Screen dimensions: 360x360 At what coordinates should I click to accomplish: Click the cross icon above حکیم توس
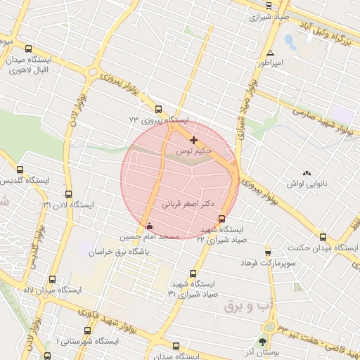tap(194, 141)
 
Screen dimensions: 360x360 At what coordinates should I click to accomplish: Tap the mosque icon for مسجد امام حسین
tap(148, 226)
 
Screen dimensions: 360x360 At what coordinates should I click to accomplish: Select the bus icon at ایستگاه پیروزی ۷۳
tap(157, 110)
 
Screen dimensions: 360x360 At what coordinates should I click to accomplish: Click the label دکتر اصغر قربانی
tap(188, 205)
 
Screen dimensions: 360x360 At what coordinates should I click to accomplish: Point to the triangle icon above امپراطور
tap(271, 53)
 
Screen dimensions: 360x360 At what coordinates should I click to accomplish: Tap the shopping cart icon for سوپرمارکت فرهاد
tap(268, 252)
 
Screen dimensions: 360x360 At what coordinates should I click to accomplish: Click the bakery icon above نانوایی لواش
tap(307, 173)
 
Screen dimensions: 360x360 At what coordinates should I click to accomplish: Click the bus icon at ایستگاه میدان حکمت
tap(323, 237)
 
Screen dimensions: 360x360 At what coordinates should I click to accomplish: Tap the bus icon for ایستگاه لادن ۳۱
tap(68, 194)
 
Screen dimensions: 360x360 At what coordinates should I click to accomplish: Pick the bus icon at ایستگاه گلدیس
tap(20, 169)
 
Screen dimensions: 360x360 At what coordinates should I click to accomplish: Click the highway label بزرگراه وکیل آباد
tap(324, 28)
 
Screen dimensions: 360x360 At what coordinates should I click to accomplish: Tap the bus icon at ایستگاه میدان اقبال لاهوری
tap(28, 49)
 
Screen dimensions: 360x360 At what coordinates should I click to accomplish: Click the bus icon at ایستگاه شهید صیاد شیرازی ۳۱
tap(193, 274)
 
